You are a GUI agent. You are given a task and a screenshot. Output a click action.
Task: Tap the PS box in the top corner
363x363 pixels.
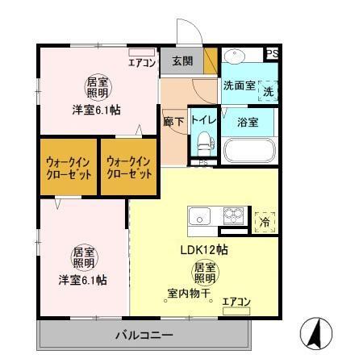(273, 55)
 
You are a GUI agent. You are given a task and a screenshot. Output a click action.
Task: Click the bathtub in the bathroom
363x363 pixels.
(248, 151)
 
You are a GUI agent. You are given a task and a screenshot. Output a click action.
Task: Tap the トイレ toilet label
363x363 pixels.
(202, 120)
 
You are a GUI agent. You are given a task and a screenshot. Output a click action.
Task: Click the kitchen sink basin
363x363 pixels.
(199, 217)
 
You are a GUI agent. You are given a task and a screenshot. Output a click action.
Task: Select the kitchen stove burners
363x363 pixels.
(234, 217)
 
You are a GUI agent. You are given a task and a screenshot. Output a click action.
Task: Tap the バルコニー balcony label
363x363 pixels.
(143, 334)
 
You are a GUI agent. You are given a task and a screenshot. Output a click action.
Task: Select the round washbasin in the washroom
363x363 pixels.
(236, 59)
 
